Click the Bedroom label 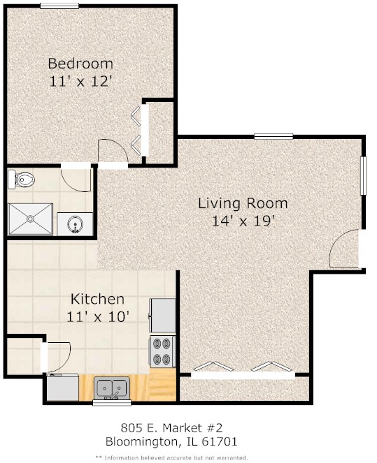coord(80,64)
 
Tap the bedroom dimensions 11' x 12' coord(81,81)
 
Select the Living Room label coord(243,203)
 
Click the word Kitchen coord(97,299)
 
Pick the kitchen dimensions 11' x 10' coord(98,317)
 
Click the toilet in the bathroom coord(21,179)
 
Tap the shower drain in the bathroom coord(31,219)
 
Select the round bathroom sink coord(76,223)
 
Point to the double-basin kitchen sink coord(112,388)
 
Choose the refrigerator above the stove coord(163,316)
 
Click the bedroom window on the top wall coord(59,6)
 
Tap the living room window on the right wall coord(364,175)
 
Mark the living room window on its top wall coord(273,136)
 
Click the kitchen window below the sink coord(112,402)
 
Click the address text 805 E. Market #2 coord(171,427)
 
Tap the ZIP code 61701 coord(220,442)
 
